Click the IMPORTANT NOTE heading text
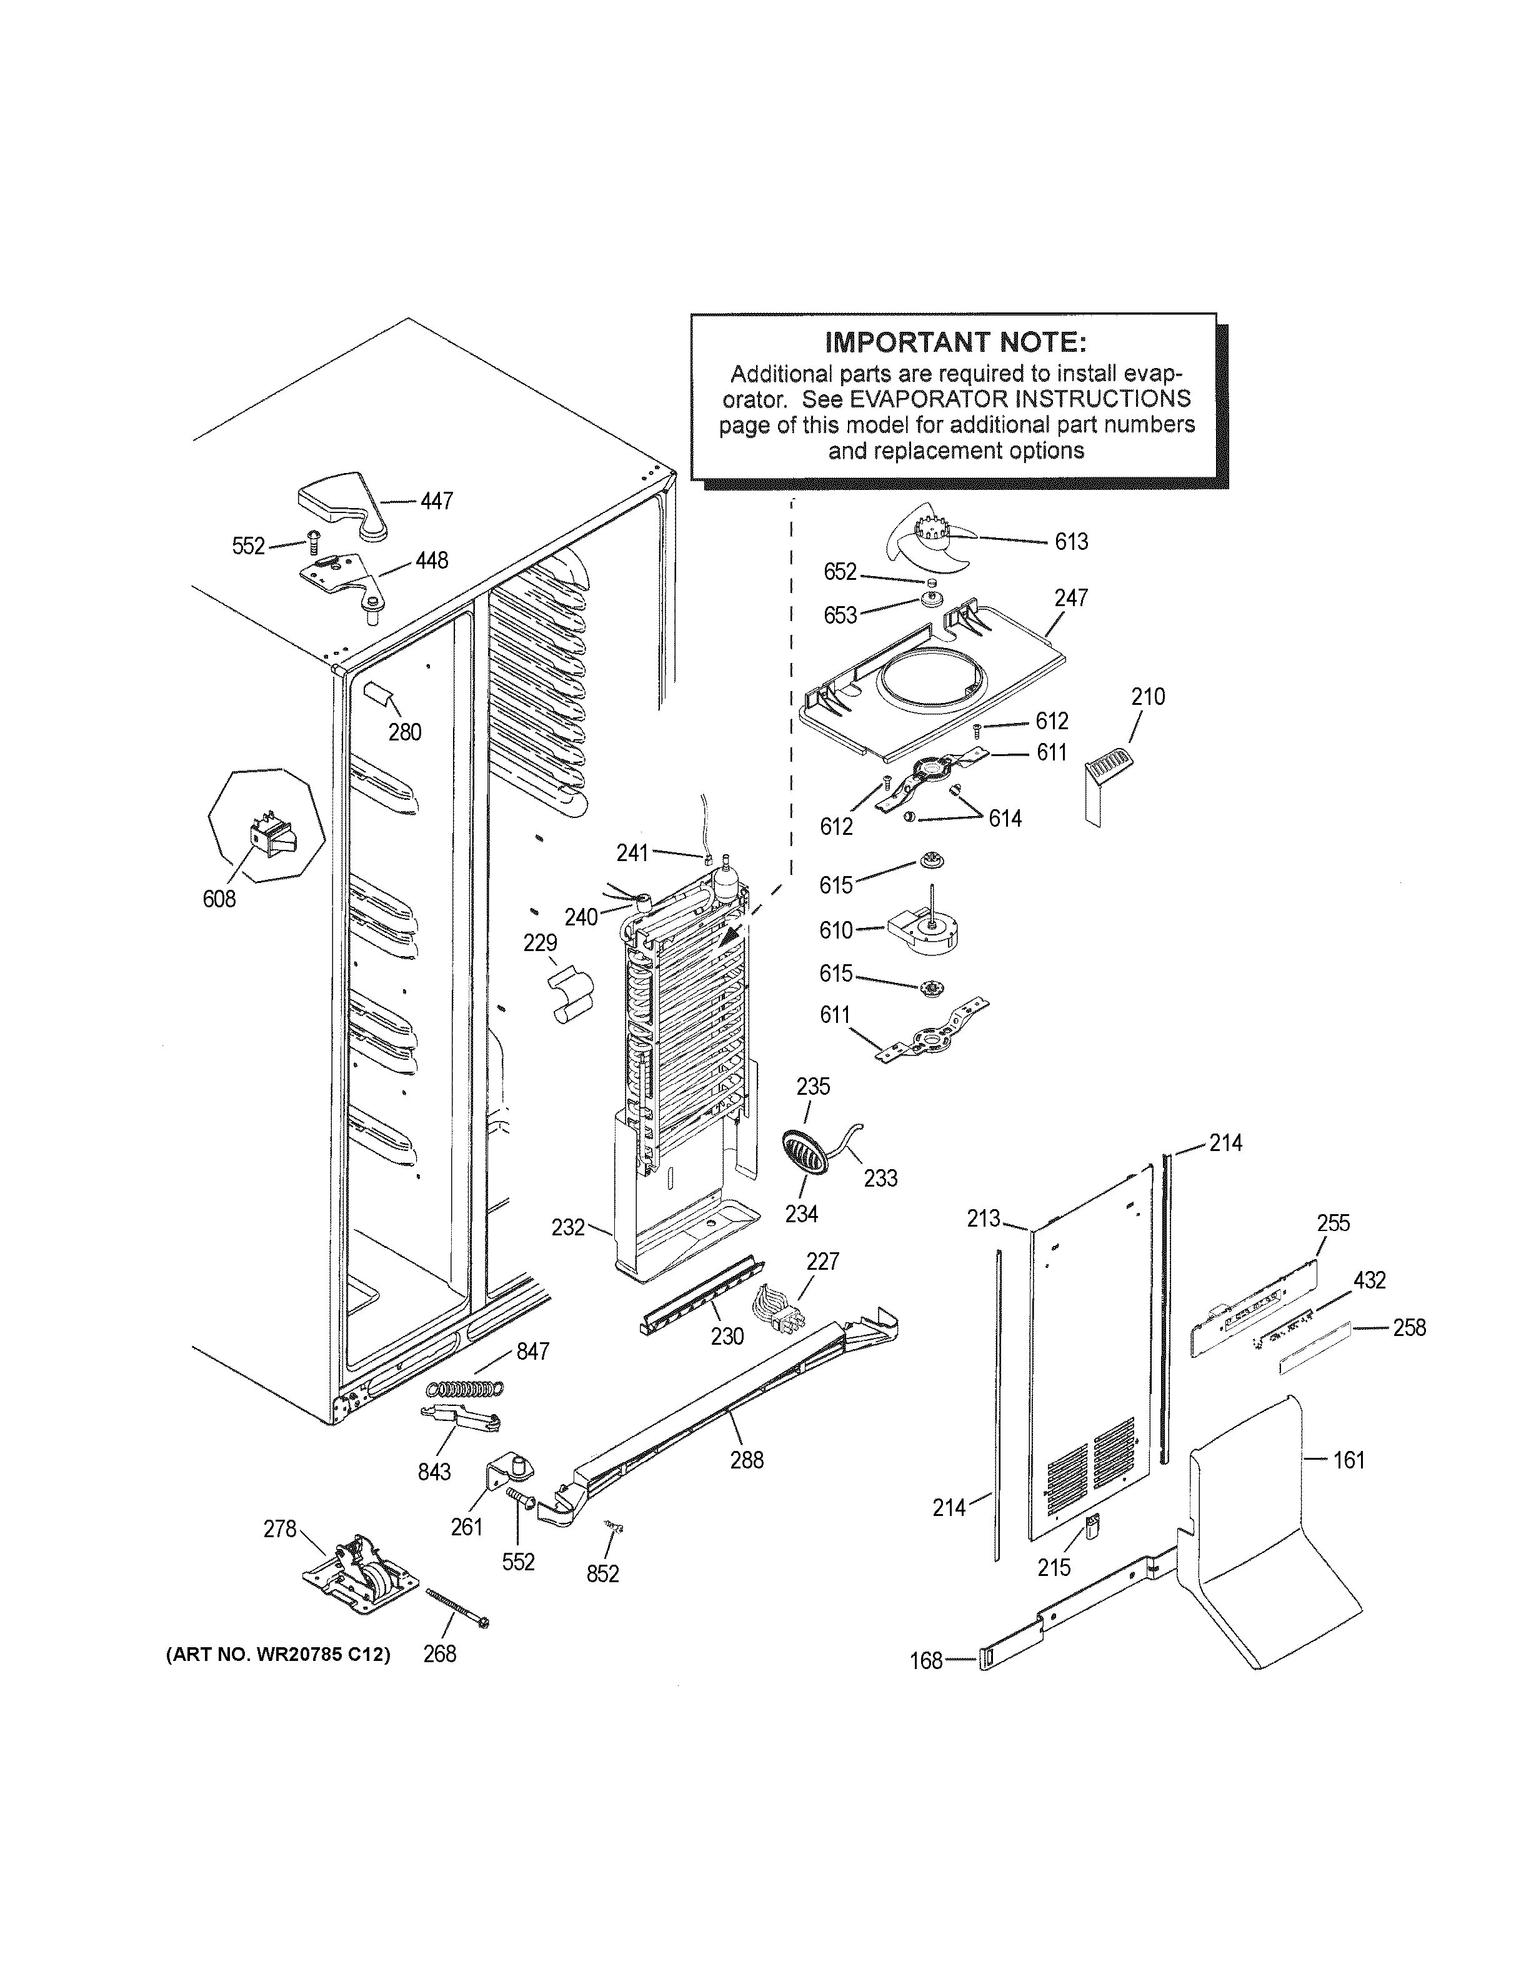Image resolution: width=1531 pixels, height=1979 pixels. [x=955, y=342]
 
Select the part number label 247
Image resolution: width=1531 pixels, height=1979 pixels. [x=1071, y=598]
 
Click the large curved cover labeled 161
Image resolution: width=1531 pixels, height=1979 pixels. [x=1269, y=1540]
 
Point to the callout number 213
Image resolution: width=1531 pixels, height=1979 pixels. [x=983, y=1219]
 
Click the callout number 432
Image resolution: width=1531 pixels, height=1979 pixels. [x=1369, y=1280]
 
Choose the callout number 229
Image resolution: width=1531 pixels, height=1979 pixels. [x=540, y=944]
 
